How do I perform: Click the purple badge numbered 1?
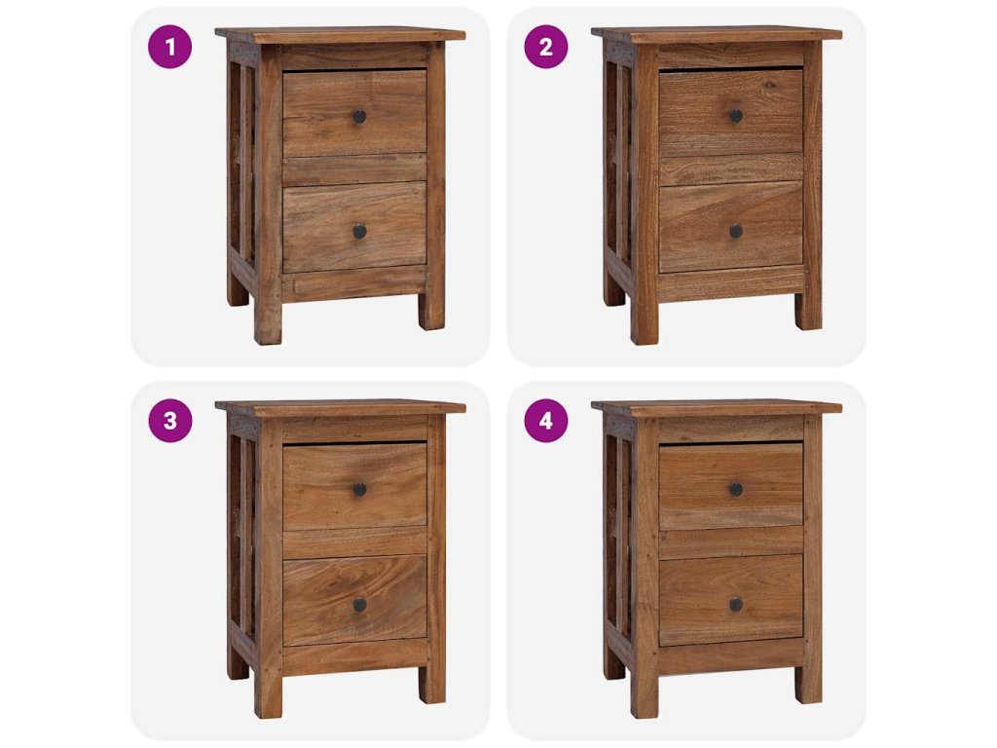point(169,47)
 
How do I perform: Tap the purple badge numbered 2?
point(545,47)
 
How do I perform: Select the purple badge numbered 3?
point(169,421)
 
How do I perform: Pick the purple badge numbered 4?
point(545,421)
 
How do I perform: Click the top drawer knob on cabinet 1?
point(359,117)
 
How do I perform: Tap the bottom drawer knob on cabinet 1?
point(359,232)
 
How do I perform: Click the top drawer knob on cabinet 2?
point(736,116)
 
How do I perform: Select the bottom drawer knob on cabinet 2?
point(736,232)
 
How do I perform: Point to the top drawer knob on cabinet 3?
point(359,489)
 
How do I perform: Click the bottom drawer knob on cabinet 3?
point(359,605)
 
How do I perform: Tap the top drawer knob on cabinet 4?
point(736,489)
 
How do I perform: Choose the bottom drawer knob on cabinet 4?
point(736,605)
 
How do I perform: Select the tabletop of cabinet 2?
point(717,35)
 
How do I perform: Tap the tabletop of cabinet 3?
point(340,408)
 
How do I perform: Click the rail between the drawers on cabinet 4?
point(731,542)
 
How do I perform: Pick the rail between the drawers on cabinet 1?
point(354,169)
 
